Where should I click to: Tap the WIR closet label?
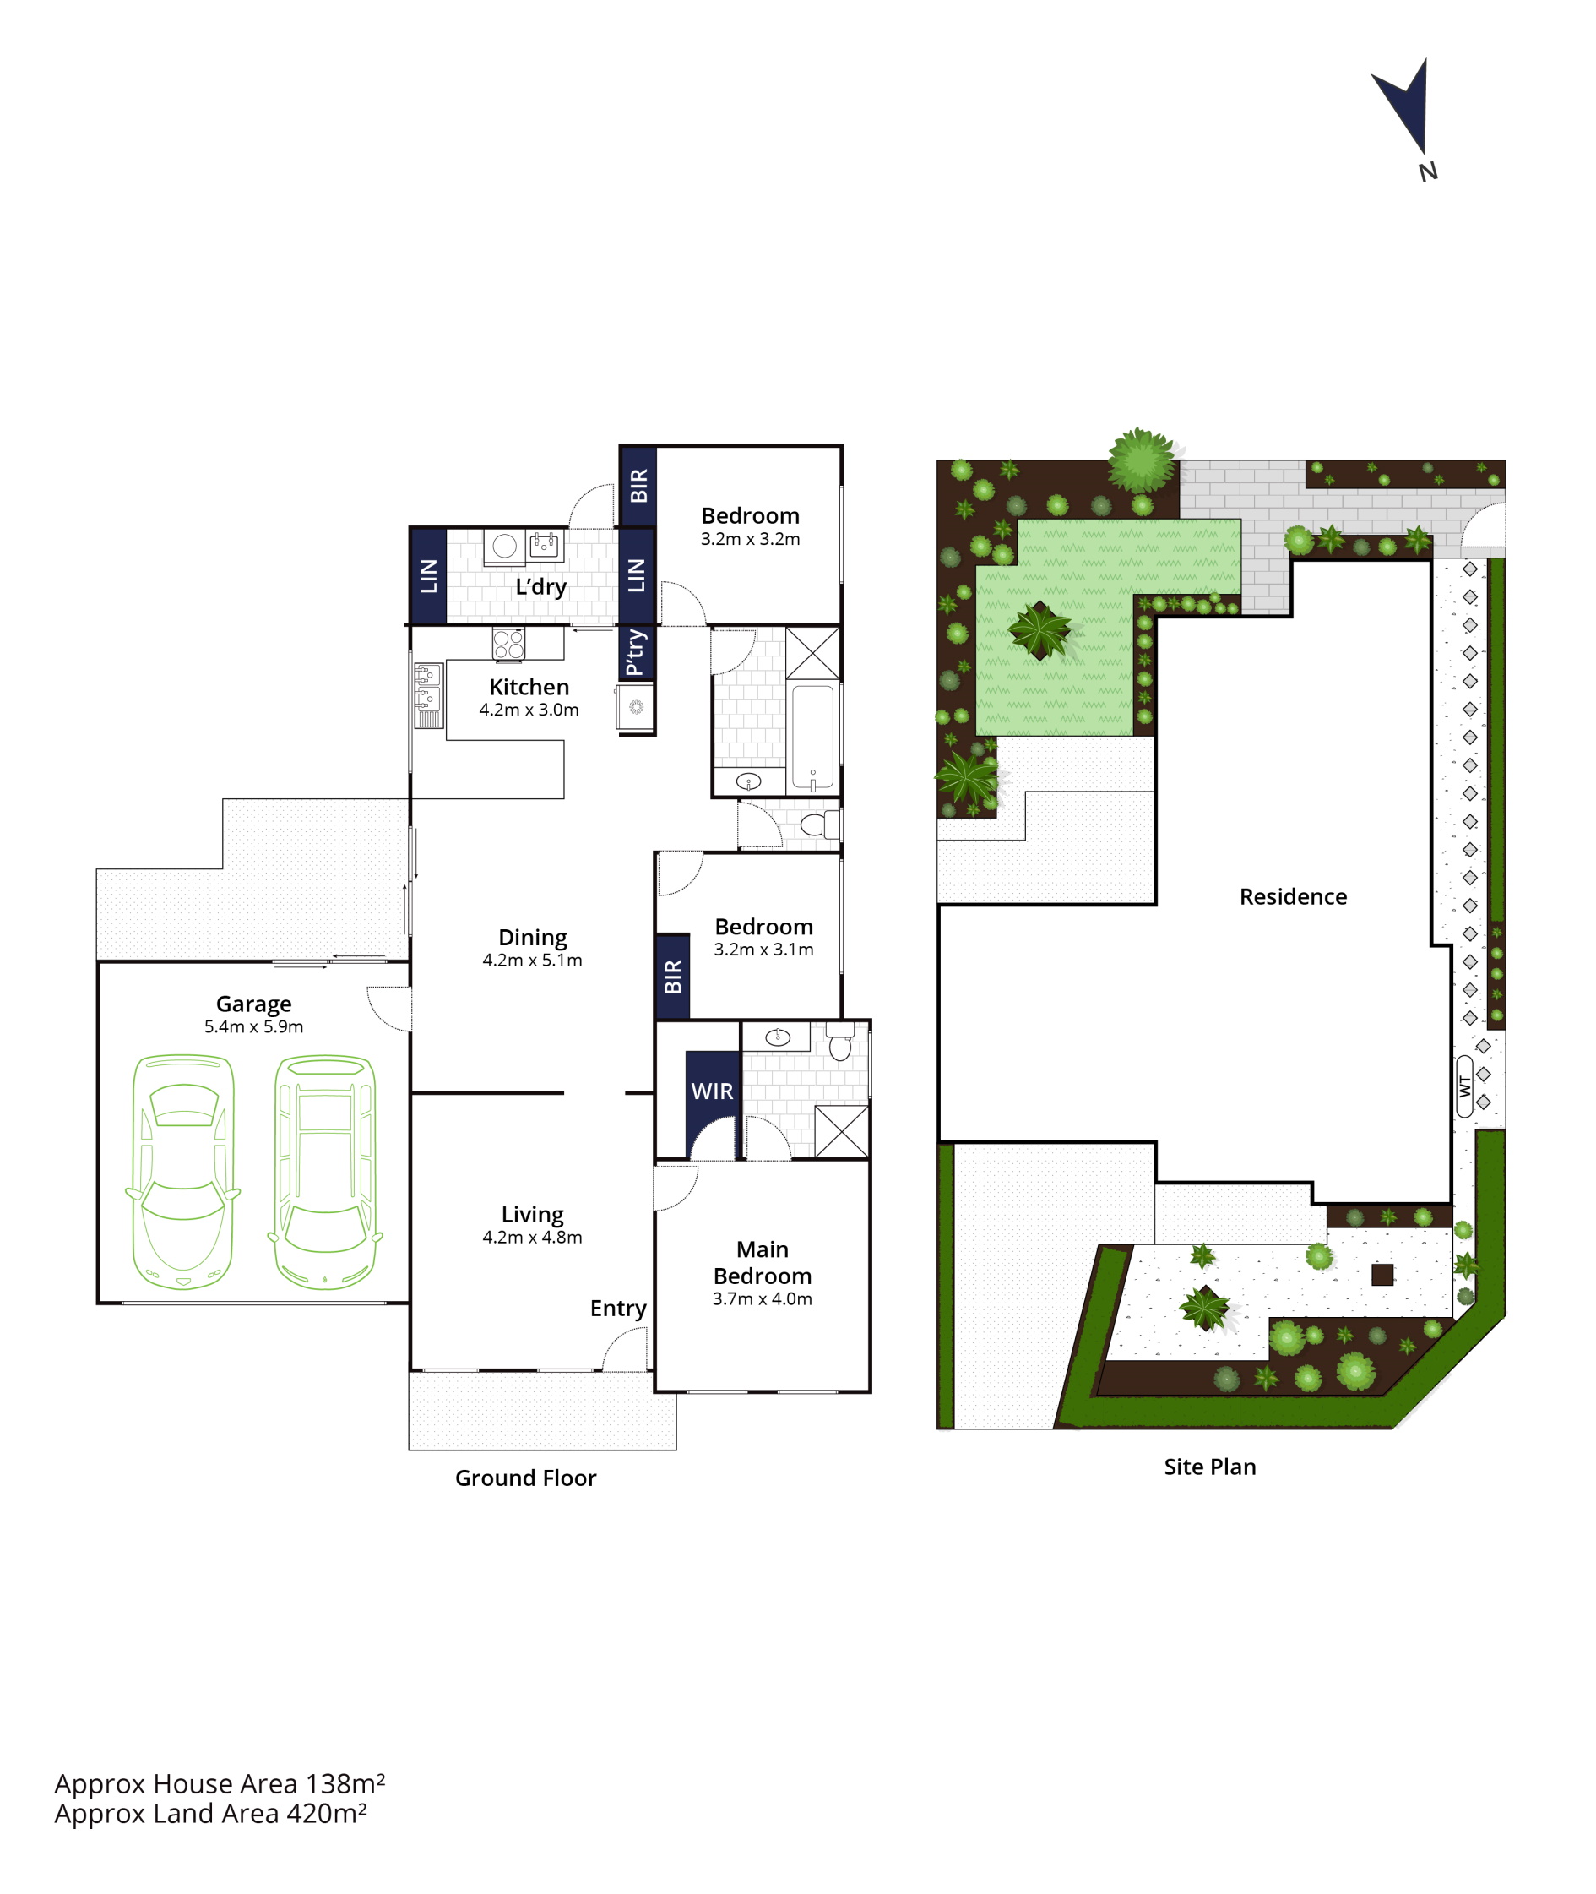pyautogui.click(x=712, y=1091)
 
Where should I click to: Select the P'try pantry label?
pyautogui.click(x=635, y=651)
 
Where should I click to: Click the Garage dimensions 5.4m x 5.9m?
pyautogui.click(x=253, y=1026)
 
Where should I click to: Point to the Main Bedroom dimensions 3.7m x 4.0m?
pyautogui.click(x=762, y=1298)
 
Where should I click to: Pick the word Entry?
pyautogui.click(x=618, y=1309)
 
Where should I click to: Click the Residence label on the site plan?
pyautogui.click(x=1293, y=897)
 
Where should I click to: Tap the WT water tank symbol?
pyautogui.click(x=1464, y=1086)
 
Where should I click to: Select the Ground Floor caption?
pyautogui.click(x=525, y=1478)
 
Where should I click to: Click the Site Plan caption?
pyautogui.click(x=1209, y=1467)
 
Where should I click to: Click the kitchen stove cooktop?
pyautogui.click(x=508, y=644)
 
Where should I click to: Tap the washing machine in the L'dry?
pyautogui.click(x=505, y=546)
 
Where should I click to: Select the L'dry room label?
pyautogui.click(x=541, y=586)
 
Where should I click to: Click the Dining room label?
pyautogui.click(x=533, y=938)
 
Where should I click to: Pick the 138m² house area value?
pyautogui.click(x=345, y=1783)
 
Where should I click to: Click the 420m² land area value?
pyautogui.click(x=327, y=1814)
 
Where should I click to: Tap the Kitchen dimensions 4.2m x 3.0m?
pyautogui.click(x=529, y=710)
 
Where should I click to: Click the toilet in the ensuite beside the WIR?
pyautogui.click(x=839, y=1042)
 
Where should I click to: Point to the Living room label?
pyautogui.click(x=533, y=1215)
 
